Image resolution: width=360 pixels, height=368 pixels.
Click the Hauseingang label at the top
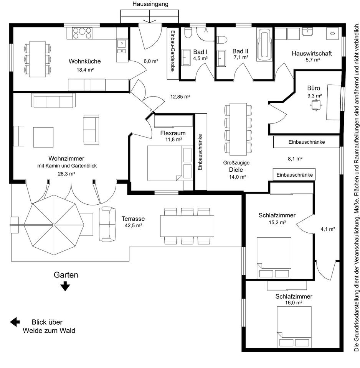[x=150, y=4]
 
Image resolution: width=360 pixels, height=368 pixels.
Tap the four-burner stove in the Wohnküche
[x=82, y=33]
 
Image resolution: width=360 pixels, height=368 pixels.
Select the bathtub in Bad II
[x=265, y=45]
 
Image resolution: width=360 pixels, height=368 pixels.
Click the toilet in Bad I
[x=188, y=33]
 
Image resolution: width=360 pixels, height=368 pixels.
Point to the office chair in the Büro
[x=316, y=105]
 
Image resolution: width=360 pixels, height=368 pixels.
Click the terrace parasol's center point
[x=54, y=225]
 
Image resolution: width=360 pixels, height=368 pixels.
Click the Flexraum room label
[x=173, y=133]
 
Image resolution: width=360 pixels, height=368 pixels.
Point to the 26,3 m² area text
[x=66, y=174]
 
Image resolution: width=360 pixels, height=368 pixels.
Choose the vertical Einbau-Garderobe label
[x=173, y=51]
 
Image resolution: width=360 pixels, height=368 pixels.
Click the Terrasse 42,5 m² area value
[x=134, y=225]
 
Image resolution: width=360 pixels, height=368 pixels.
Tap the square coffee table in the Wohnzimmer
[x=43, y=137]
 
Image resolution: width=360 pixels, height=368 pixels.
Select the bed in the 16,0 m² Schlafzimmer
[x=294, y=327]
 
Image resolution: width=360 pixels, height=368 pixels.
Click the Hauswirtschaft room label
[x=312, y=54]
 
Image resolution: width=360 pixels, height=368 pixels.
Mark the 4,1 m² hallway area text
[x=328, y=229]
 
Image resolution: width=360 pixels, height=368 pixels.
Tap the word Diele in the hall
[x=236, y=170]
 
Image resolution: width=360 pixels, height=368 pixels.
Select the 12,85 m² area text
[x=180, y=97]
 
